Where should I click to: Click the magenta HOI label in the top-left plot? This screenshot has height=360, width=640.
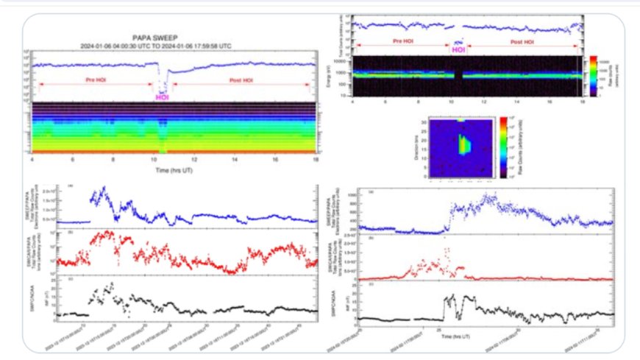tap(163, 96)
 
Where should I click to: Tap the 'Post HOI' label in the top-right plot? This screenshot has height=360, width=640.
tap(524, 40)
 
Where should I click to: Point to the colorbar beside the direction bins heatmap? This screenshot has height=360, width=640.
tap(503, 147)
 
